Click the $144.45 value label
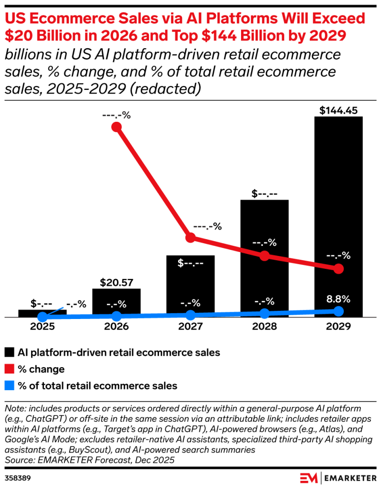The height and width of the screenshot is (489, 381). [x=339, y=111]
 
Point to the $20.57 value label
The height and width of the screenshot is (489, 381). [x=116, y=283]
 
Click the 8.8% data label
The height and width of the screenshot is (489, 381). [x=339, y=299]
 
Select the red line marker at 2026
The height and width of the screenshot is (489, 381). [x=116, y=127]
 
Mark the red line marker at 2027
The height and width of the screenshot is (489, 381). [x=190, y=238]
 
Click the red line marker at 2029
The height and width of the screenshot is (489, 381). [x=339, y=269]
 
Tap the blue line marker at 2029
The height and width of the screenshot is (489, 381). [x=339, y=311]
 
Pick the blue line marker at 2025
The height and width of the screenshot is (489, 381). [x=42, y=317]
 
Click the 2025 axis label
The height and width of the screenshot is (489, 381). [x=42, y=327]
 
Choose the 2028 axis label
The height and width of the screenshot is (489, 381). [x=265, y=327]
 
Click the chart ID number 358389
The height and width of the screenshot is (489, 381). [x=16, y=477]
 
